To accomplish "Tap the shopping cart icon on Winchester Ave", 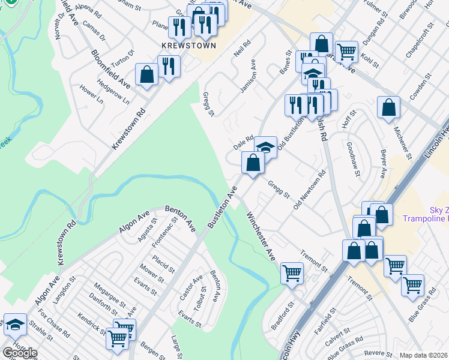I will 292,273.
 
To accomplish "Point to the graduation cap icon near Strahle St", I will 15,324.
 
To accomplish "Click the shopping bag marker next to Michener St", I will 388,108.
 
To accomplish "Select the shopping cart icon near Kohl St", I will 346,52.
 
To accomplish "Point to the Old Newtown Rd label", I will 309,190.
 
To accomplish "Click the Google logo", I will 19,353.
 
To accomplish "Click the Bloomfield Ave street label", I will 110,67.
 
